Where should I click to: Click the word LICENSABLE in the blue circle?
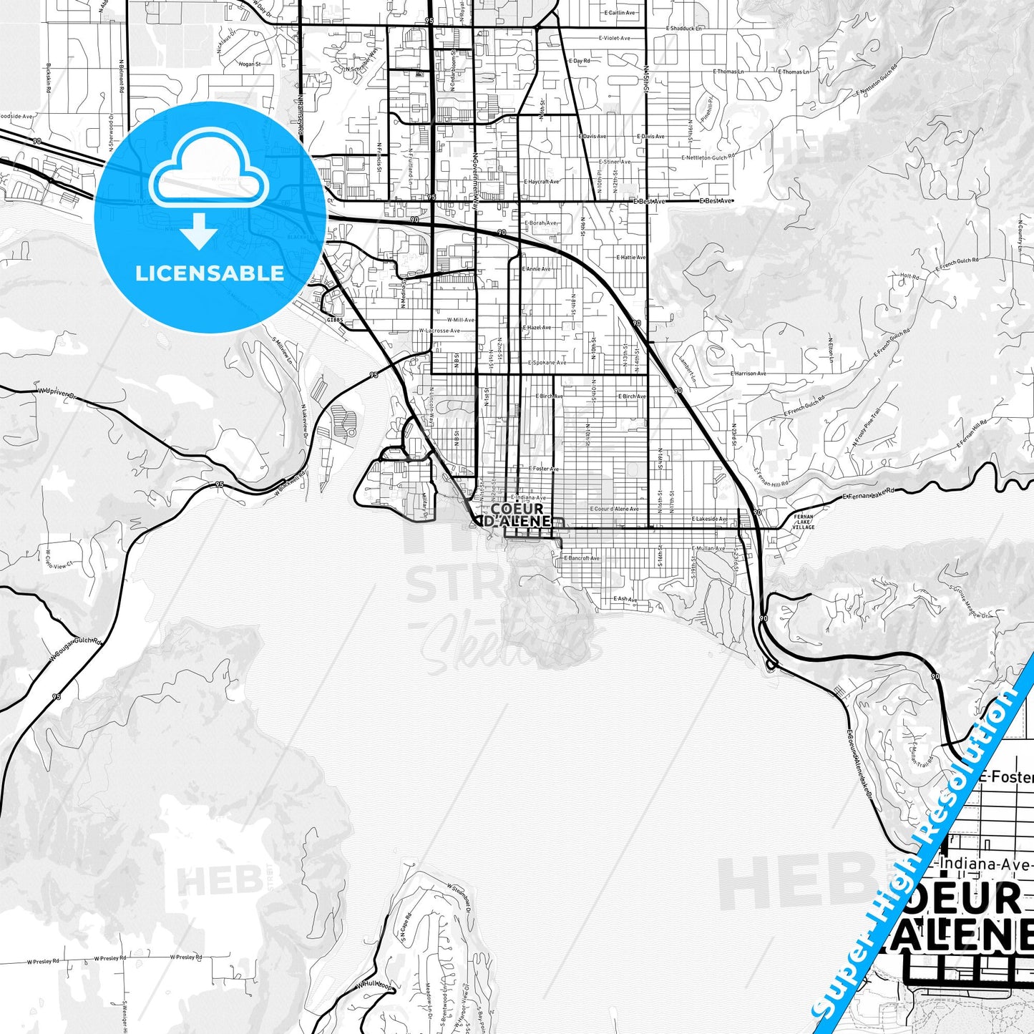(x=209, y=273)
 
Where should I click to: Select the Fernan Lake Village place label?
(x=803, y=522)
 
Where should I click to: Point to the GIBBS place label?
(x=336, y=320)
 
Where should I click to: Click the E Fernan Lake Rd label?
(x=869, y=495)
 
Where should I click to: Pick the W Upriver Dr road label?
(x=57, y=392)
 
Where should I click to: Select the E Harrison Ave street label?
(x=748, y=374)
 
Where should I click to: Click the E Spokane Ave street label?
(x=547, y=363)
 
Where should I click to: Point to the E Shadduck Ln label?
(x=683, y=28)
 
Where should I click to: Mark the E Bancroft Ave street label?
(x=582, y=558)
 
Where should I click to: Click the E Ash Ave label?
(x=625, y=599)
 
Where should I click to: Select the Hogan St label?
(x=250, y=64)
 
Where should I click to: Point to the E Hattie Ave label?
(x=630, y=257)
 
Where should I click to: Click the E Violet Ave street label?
(x=613, y=38)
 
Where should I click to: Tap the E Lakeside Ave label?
(x=710, y=520)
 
